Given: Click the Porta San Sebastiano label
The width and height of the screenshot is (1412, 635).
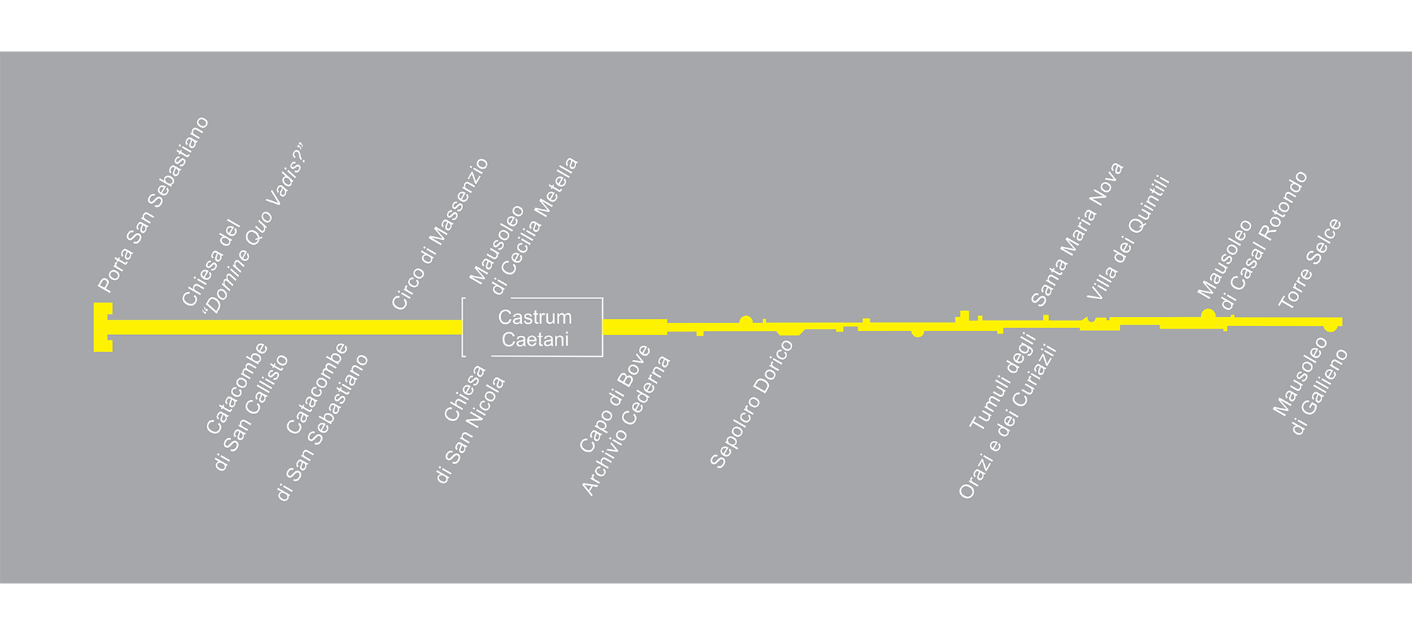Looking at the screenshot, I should pyautogui.click(x=153, y=205).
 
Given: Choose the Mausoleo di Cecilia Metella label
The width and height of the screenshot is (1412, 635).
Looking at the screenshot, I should pyautogui.click(x=523, y=226).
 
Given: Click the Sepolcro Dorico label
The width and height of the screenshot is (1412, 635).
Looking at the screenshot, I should pyautogui.click(x=751, y=404).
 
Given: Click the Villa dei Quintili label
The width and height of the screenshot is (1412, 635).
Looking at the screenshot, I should pyautogui.click(x=1128, y=238).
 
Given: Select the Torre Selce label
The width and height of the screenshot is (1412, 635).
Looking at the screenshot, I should pyautogui.click(x=1310, y=263).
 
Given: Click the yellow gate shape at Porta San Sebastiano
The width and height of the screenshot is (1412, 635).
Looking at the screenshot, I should pyautogui.click(x=103, y=327).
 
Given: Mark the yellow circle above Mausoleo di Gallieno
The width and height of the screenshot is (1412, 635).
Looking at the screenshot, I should pyautogui.click(x=1330, y=326).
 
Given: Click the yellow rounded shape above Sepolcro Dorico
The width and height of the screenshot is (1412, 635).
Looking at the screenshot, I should pyautogui.click(x=790, y=329).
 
